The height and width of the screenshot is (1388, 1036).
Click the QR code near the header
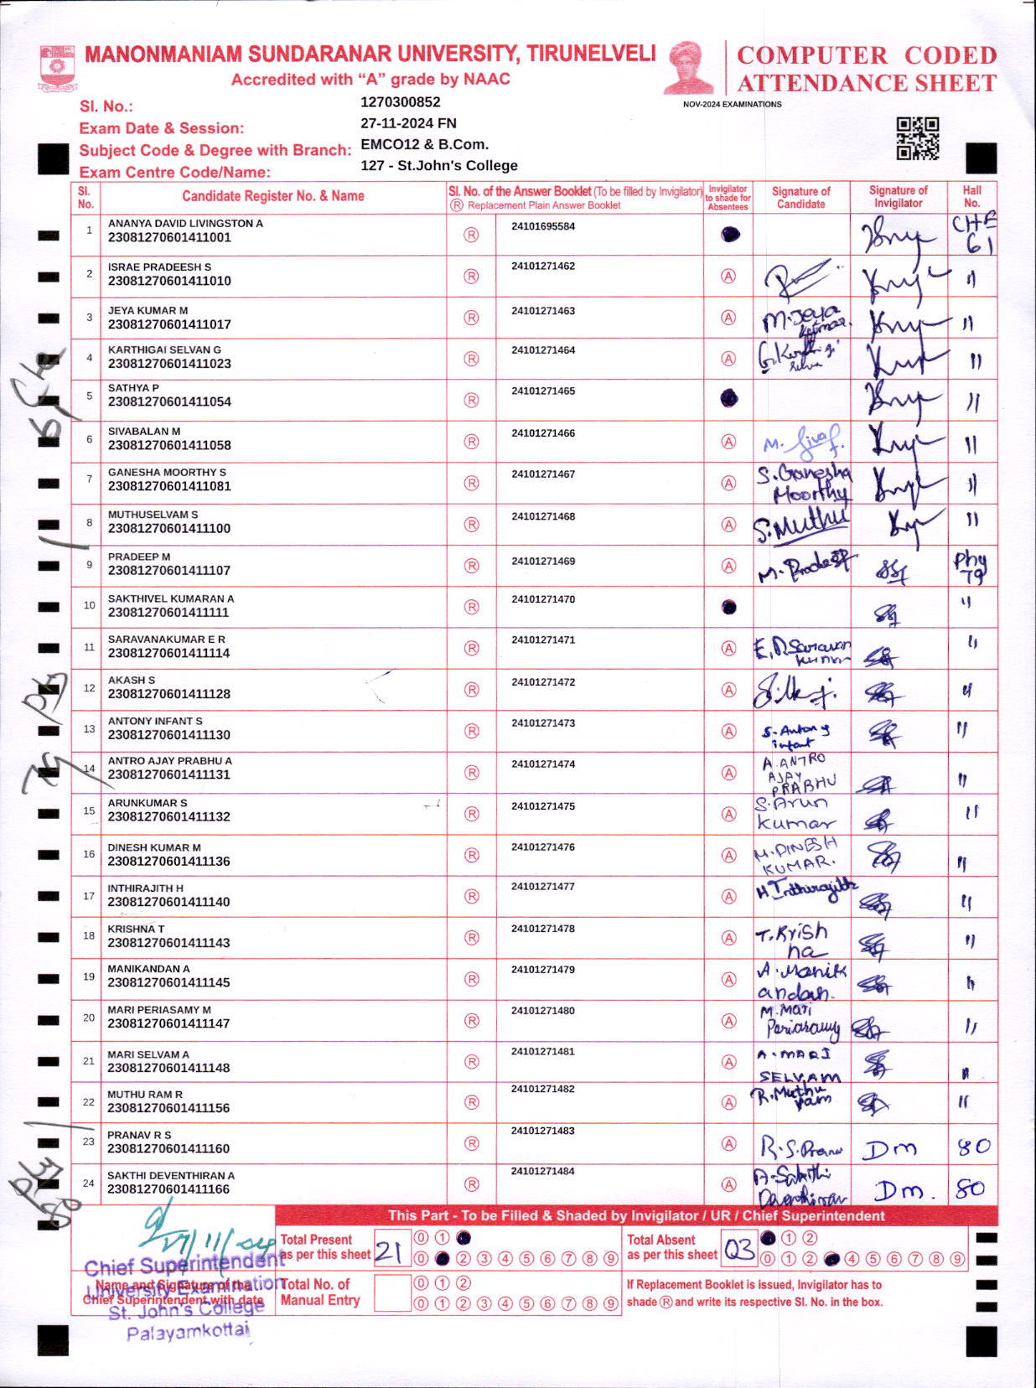click(x=918, y=138)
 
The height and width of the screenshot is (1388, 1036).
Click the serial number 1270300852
click(x=400, y=102)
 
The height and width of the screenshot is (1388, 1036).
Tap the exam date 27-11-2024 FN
click(x=408, y=123)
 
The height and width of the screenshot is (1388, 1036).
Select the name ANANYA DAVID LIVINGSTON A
click(x=185, y=224)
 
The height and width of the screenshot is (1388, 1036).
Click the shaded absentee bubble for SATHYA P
click(x=729, y=399)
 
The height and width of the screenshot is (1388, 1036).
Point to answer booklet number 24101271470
click(x=543, y=600)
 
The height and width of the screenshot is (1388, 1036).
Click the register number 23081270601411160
click(x=168, y=1149)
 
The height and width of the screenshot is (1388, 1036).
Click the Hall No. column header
click(x=971, y=196)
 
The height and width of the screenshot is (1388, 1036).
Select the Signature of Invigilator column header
click(x=898, y=196)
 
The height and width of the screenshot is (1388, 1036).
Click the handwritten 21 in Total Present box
click(x=389, y=1251)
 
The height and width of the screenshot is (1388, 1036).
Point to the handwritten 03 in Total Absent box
click(x=738, y=1251)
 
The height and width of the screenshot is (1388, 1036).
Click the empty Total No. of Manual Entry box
click(x=391, y=1292)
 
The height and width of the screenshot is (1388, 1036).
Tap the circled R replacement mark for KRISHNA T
click(x=471, y=938)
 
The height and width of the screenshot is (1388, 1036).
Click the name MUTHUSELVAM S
click(x=153, y=515)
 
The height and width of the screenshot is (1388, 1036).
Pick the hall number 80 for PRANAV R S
click(x=974, y=1147)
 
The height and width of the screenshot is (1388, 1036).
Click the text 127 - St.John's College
click(x=438, y=166)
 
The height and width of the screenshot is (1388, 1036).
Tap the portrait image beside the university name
click(x=689, y=67)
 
